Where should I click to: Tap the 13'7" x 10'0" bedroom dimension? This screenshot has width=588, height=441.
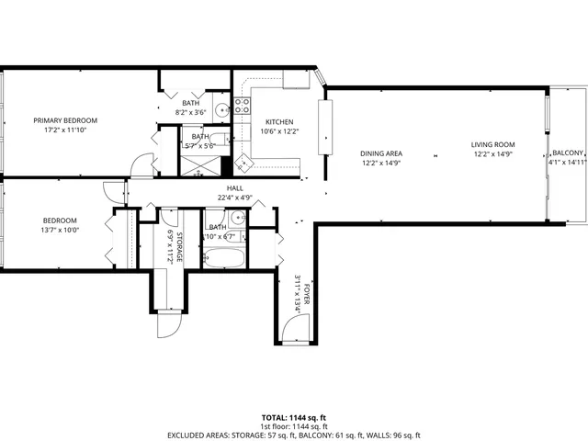(x=60, y=231)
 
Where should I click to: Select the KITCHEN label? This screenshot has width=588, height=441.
(x=279, y=121)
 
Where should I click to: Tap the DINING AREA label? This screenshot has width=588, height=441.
(x=381, y=153)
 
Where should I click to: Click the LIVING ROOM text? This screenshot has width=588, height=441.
(x=492, y=144)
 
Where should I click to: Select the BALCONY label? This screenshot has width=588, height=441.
(x=567, y=153)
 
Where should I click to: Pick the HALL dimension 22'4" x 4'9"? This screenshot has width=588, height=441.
(x=235, y=198)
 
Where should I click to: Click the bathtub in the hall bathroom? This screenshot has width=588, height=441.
(x=225, y=256)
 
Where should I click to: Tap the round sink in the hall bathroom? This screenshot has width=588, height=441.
(x=237, y=219)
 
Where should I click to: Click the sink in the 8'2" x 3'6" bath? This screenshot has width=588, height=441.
(x=222, y=111)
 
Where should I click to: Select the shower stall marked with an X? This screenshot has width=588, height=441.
(x=200, y=166)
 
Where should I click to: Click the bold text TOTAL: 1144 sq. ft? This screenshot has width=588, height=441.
(x=294, y=416)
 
